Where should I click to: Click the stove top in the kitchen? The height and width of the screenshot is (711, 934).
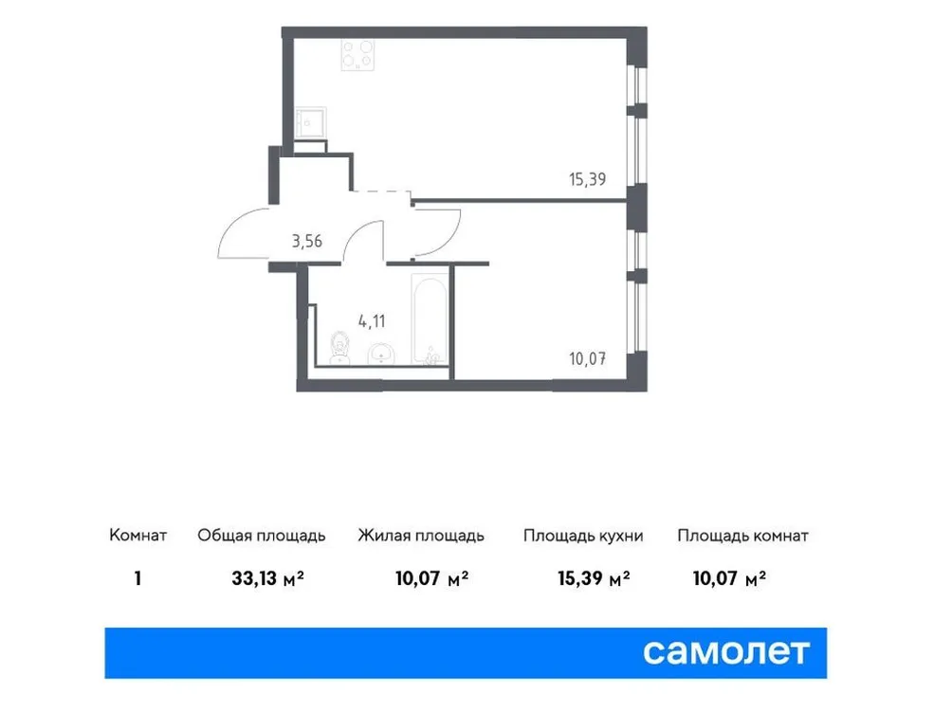358,56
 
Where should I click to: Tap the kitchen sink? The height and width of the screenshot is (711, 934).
309,122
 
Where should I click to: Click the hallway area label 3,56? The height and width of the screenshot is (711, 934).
306,240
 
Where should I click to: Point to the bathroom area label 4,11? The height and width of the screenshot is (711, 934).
373,320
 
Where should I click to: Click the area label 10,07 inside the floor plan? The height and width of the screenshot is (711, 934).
584,358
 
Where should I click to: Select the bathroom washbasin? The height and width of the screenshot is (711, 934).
380,354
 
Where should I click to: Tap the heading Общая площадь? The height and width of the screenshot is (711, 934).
262,536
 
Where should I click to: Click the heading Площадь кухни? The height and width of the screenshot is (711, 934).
583,536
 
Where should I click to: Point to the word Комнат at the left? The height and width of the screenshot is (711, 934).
138,536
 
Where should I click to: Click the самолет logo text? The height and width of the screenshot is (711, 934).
727,652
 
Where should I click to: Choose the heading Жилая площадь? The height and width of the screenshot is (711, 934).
421,536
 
